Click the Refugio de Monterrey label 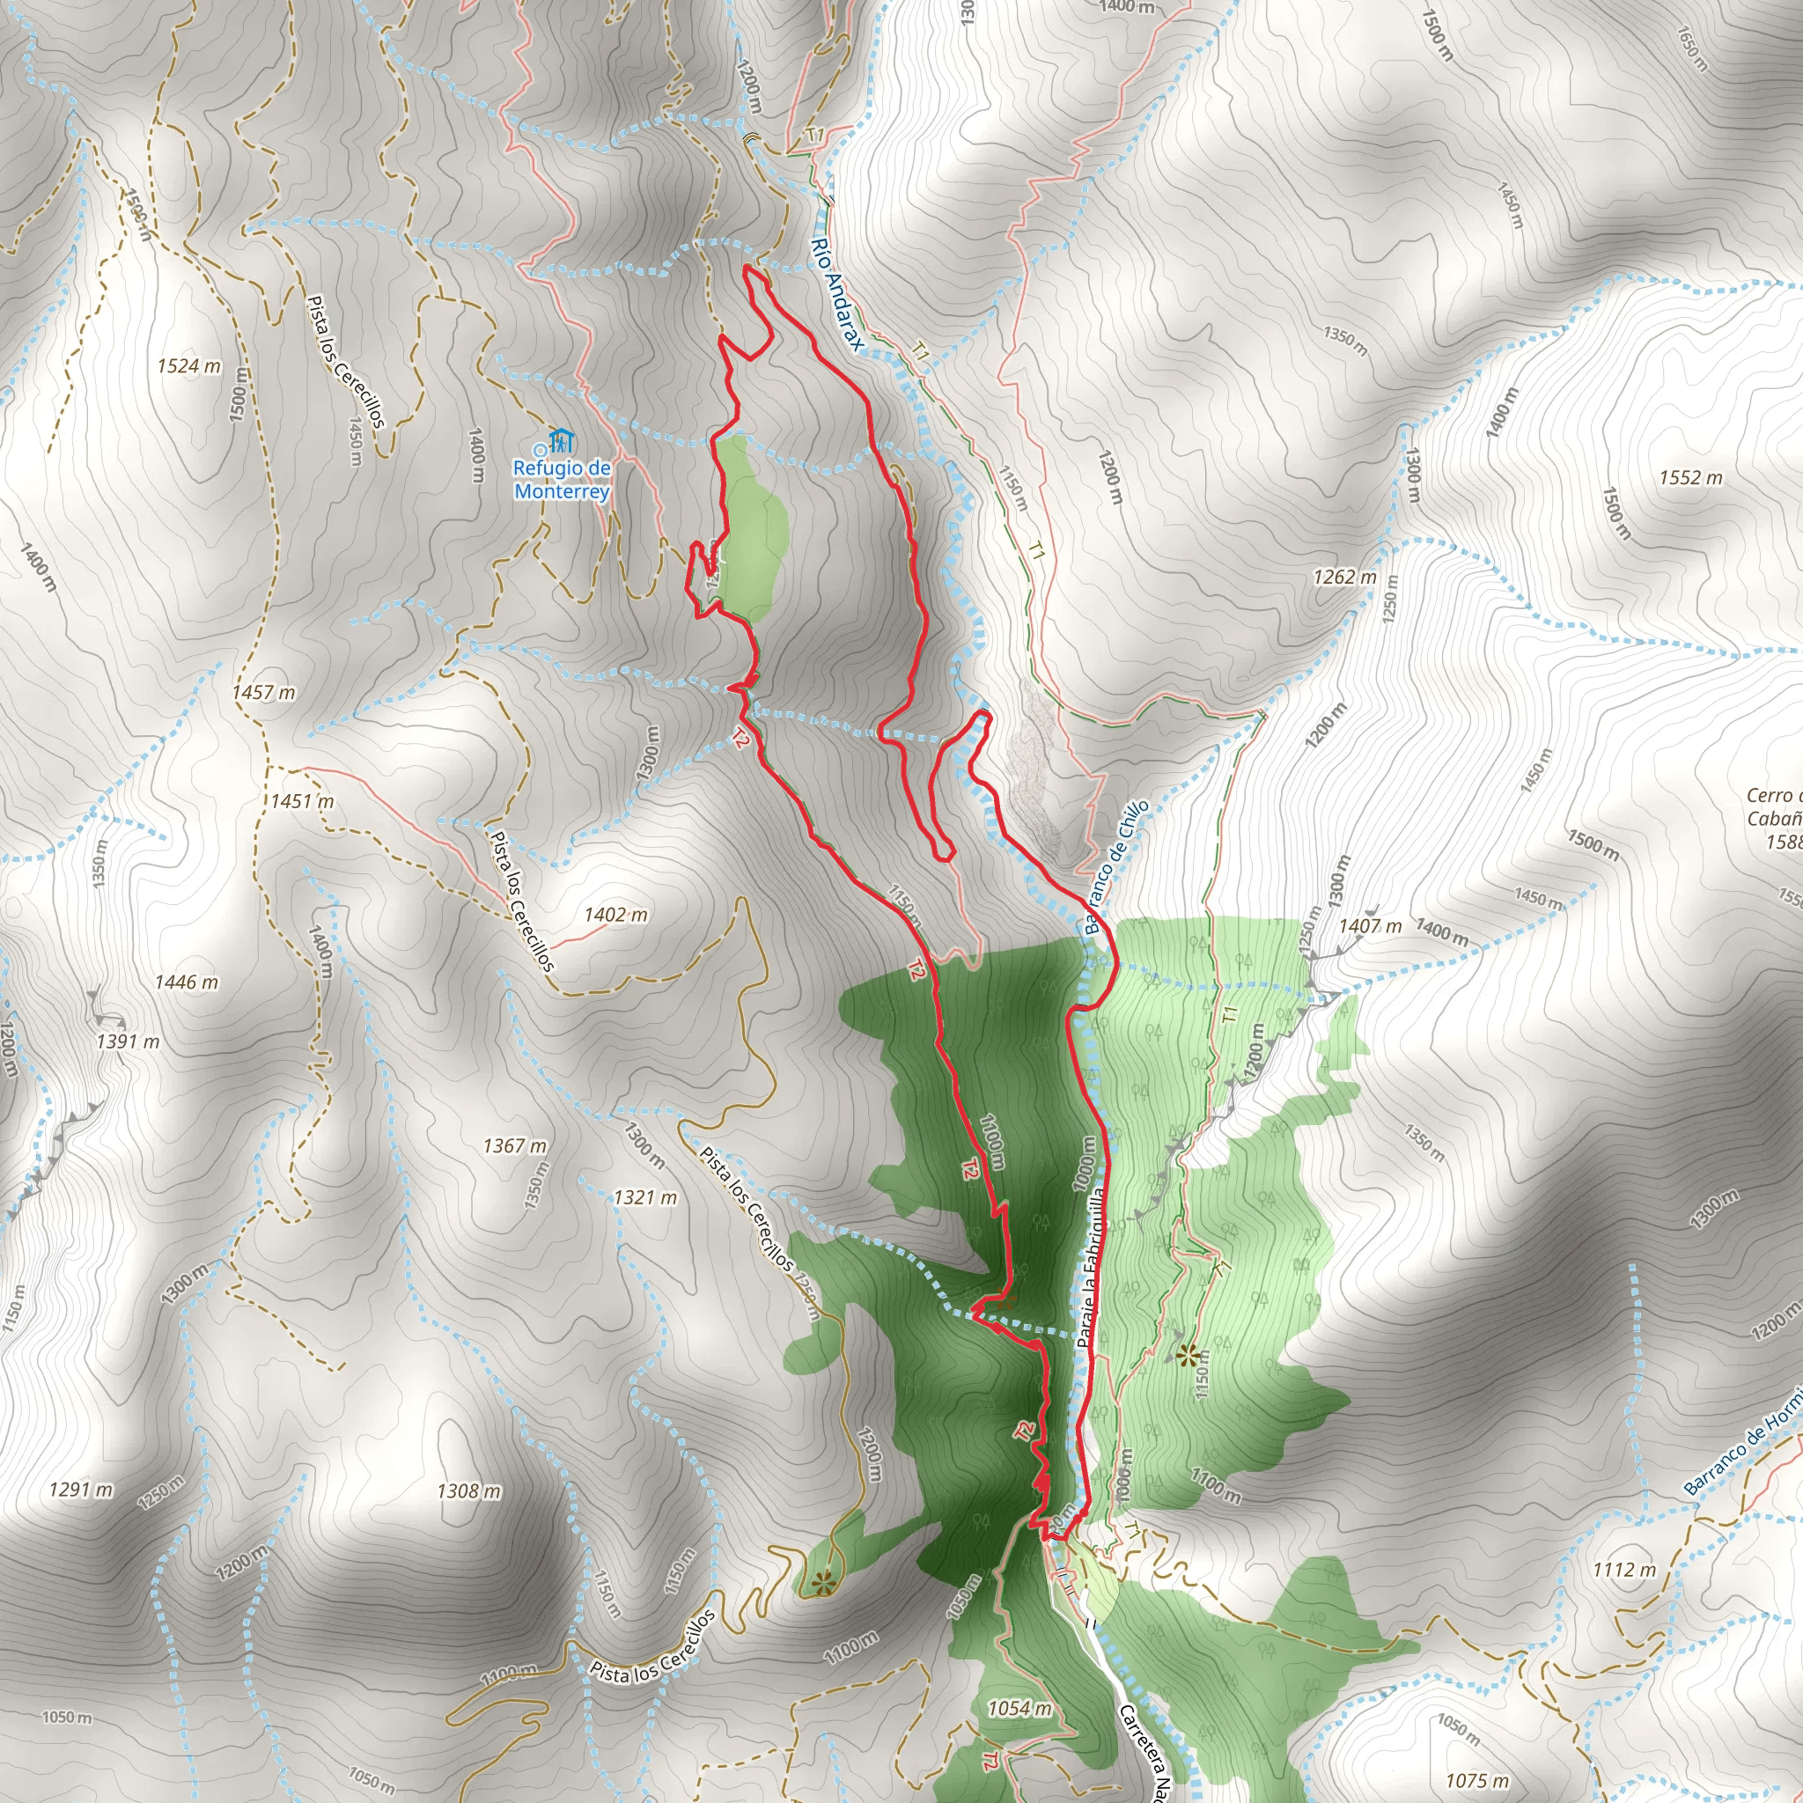pyautogui.click(x=562, y=479)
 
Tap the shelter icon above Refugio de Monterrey pyautogui.click(x=560, y=438)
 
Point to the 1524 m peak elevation pyautogui.click(x=188, y=366)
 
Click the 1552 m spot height pyautogui.click(x=1690, y=478)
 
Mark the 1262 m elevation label pyautogui.click(x=1343, y=577)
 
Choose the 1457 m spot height pyautogui.click(x=263, y=693)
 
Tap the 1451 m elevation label pyautogui.click(x=301, y=801)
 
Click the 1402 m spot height pyautogui.click(x=615, y=915)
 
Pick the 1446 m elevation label pyautogui.click(x=186, y=982)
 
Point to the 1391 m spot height pyautogui.click(x=127, y=1041)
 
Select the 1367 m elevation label pyautogui.click(x=514, y=1145)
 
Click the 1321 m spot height pyautogui.click(x=644, y=1197)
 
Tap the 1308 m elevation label pyautogui.click(x=468, y=1491)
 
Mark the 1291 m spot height pyautogui.click(x=80, y=1490)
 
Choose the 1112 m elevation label pyautogui.click(x=1623, y=1570)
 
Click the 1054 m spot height pyautogui.click(x=1019, y=1709)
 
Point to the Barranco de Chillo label pyautogui.click(x=1115, y=867)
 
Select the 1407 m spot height pyautogui.click(x=1369, y=926)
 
